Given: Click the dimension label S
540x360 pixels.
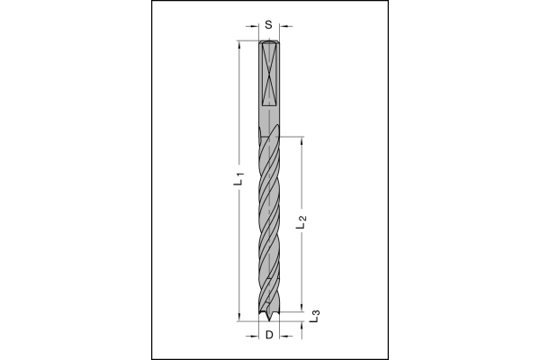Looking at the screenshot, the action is click(x=268, y=25).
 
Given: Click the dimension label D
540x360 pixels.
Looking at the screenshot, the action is click(x=269, y=335).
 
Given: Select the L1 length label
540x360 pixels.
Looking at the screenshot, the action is click(x=239, y=179).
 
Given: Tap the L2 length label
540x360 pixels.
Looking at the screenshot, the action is click(x=301, y=222).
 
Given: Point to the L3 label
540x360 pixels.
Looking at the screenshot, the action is click(x=315, y=316).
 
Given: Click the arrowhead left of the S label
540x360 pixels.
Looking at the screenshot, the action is click(x=254, y=26).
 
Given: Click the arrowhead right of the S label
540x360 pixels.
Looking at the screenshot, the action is click(x=283, y=26).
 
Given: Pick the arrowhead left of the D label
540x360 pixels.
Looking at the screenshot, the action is click(x=254, y=336).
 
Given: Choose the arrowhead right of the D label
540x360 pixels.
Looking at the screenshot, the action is click(x=283, y=336).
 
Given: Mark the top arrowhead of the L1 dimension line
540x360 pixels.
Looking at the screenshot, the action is click(x=238, y=45).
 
